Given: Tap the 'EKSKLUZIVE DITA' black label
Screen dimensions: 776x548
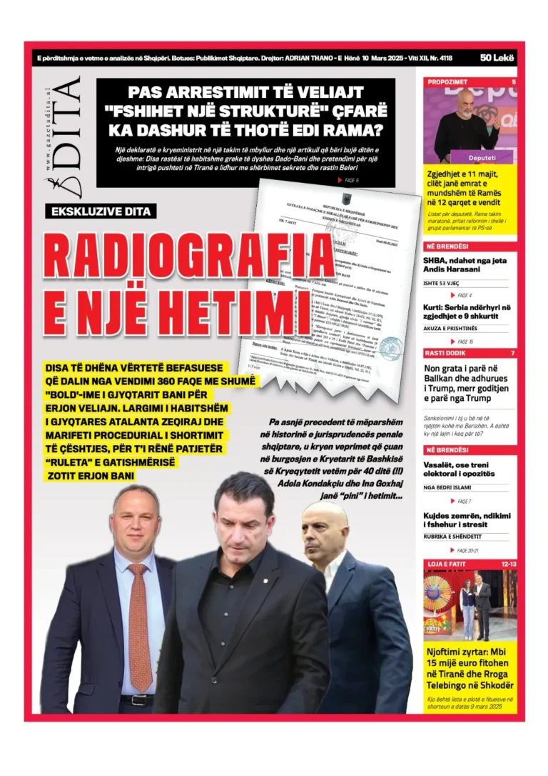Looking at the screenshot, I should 100,212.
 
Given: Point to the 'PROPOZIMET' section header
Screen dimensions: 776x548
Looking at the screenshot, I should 447,82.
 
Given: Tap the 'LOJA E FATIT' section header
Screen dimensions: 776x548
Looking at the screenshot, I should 447,564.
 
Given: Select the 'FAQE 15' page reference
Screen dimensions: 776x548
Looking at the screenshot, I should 465,342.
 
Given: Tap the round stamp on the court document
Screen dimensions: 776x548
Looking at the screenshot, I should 390,347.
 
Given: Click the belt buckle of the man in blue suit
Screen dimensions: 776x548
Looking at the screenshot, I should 138,700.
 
